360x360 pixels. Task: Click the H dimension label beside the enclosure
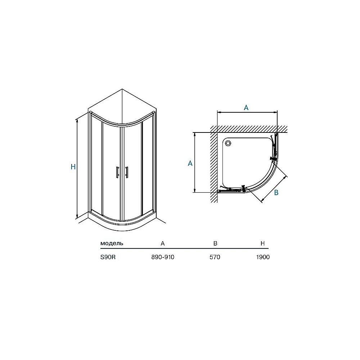click(x=73, y=167)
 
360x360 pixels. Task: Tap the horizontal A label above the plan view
click(x=246, y=108)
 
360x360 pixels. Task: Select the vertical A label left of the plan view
click(x=190, y=163)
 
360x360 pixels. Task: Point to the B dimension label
click(x=276, y=193)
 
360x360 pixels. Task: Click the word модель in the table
click(x=112, y=243)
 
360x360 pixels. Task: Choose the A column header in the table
click(x=163, y=243)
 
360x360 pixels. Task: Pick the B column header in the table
click(x=215, y=243)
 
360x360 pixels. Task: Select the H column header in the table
click(x=263, y=243)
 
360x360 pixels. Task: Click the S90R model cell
click(x=108, y=257)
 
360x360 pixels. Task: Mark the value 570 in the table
click(x=215, y=257)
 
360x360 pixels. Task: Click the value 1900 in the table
click(x=263, y=257)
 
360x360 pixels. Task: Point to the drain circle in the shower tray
click(x=228, y=143)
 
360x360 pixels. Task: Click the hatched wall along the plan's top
click(x=248, y=129)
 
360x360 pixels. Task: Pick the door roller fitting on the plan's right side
click(x=274, y=158)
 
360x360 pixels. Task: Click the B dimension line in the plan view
click(x=269, y=188)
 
